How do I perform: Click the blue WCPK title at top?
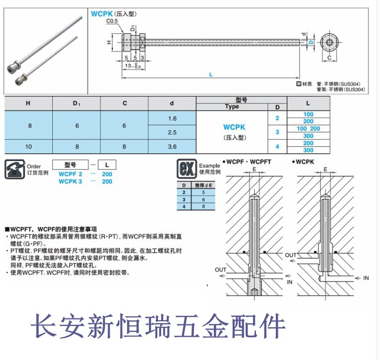(x=101, y=14)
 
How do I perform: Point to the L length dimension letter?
(x=211, y=74)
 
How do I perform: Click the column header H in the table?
(x=29, y=103)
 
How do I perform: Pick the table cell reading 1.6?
(x=172, y=118)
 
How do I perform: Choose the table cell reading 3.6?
(x=172, y=146)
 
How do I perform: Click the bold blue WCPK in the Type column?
(x=234, y=128)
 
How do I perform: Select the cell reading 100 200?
(x=308, y=129)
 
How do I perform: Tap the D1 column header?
(x=76, y=103)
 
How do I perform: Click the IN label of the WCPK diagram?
(x=366, y=278)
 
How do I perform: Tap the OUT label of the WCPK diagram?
(x=291, y=255)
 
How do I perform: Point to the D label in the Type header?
(x=277, y=107)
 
